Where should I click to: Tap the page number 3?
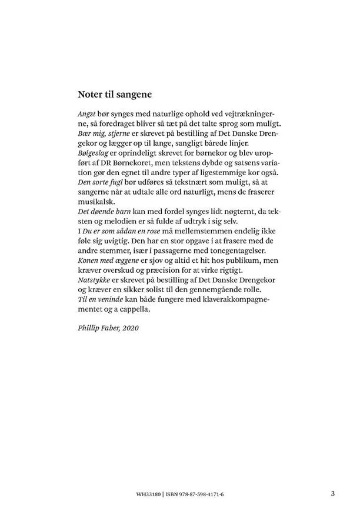(x=332, y=493)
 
